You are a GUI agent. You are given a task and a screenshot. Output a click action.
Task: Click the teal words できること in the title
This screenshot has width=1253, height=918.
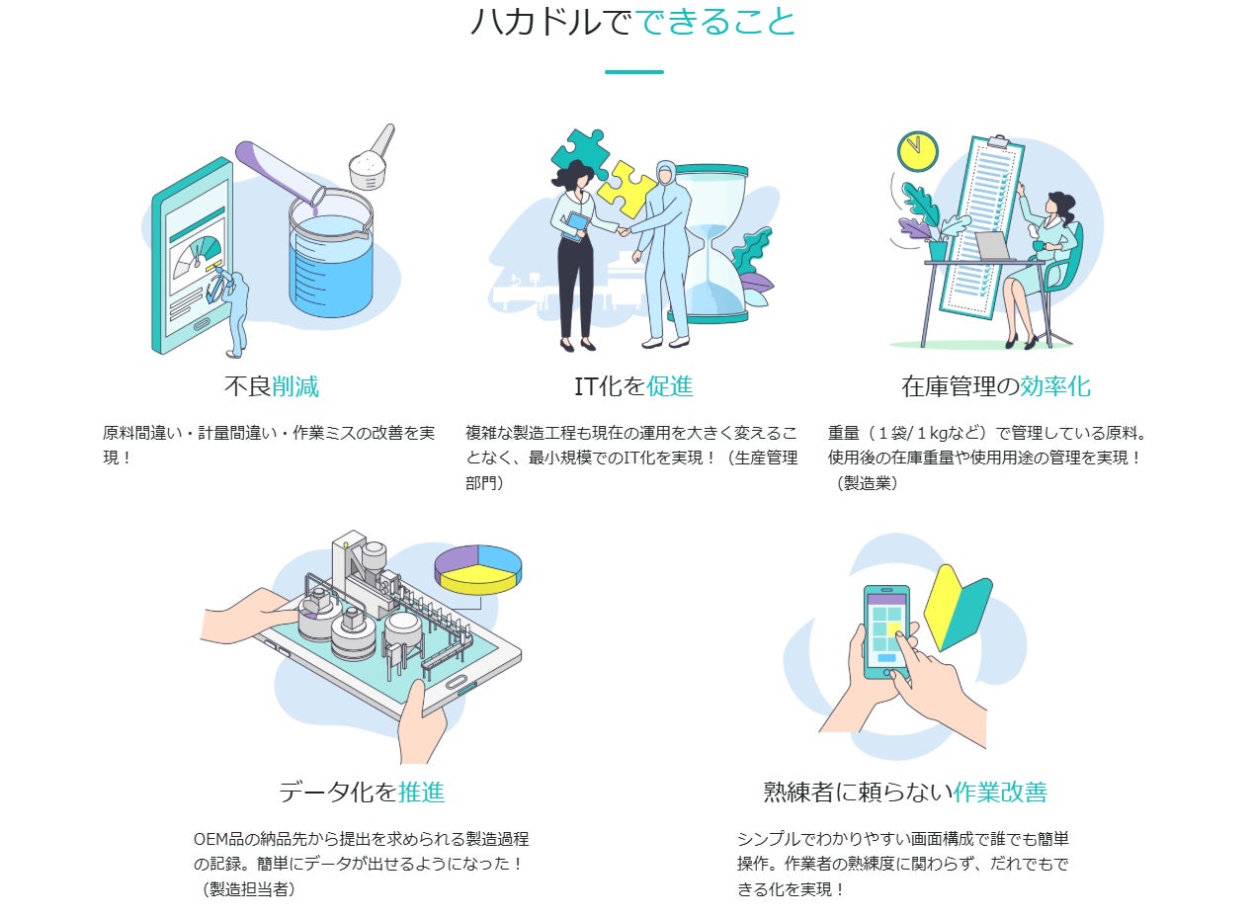point(715,22)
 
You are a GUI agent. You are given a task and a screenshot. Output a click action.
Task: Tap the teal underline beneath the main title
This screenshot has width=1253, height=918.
point(633,72)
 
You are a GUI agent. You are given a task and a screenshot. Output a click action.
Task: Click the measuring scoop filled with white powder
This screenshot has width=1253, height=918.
point(372,159)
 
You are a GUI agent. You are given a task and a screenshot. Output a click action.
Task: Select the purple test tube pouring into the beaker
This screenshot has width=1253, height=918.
point(278,176)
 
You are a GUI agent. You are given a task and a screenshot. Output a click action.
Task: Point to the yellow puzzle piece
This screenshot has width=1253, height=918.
point(626,189)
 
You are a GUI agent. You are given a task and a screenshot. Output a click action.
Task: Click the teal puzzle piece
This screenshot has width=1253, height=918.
point(580,152)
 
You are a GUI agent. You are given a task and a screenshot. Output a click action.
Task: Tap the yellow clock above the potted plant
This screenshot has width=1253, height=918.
point(917,151)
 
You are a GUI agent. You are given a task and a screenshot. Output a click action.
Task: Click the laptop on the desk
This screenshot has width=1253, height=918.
point(995,246)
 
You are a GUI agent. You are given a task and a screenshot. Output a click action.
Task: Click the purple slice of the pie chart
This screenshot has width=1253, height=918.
point(456,559)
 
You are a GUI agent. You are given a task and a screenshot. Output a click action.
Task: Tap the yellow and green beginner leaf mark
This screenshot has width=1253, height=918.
point(958,608)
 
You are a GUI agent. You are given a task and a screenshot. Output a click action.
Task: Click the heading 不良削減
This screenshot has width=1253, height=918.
point(272,386)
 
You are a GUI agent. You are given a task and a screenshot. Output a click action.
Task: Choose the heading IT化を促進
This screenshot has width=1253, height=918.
point(633,386)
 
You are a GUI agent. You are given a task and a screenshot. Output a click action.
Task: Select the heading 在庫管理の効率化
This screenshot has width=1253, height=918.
point(996,386)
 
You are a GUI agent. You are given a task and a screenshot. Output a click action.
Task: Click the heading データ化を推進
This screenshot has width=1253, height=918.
point(362,793)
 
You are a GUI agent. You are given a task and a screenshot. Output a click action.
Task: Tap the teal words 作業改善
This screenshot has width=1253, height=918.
point(1000,793)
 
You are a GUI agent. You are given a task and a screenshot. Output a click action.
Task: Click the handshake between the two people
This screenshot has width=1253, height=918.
point(624,230)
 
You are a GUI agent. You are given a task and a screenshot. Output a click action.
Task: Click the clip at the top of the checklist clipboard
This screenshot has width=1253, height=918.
point(997,140)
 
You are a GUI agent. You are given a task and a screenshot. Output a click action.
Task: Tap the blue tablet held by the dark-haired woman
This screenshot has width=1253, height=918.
point(576,227)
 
